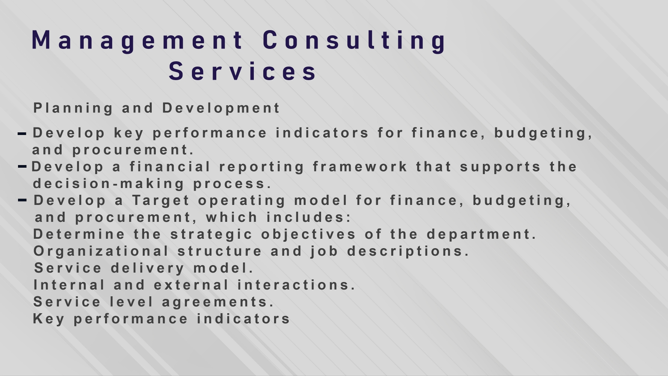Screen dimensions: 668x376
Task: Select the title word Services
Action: coord(243,71)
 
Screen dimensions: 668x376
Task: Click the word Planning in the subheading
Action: coord(73,108)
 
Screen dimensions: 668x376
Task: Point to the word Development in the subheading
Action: coord(221,108)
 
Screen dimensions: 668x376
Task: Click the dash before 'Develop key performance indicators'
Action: coord(22,133)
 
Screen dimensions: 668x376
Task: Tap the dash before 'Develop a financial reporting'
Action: coord(22,167)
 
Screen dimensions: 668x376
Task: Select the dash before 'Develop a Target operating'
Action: coord(22,200)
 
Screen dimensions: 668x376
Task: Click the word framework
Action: coord(360,167)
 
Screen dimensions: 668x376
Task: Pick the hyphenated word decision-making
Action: coord(109,184)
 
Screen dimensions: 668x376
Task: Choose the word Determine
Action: coord(79,234)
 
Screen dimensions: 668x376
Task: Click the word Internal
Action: coord(69,285)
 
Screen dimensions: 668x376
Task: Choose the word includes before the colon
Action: coord(306,217)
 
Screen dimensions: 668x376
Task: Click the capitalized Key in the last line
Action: coord(48,319)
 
